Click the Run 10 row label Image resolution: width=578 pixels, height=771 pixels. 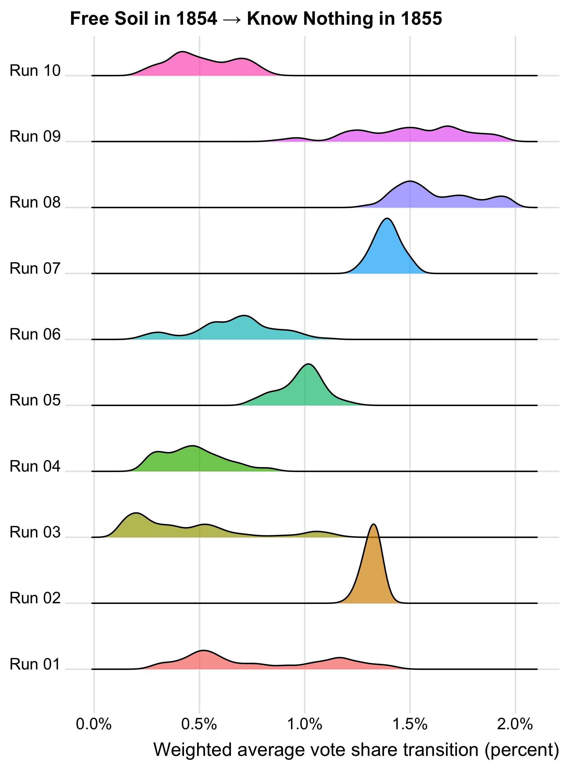click(x=35, y=71)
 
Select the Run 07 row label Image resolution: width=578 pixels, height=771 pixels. click(x=35, y=269)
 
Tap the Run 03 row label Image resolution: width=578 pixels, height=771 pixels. click(x=35, y=532)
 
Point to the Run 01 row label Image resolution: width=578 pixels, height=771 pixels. click(x=35, y=664)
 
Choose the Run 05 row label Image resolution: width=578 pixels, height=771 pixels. click(x=35, y=401)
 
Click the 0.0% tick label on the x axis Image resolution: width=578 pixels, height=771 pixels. click(x=94, y=724)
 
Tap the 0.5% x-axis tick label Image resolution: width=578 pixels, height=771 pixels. click(x=199, y=724)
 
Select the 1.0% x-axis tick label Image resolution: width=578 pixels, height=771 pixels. click(x=304, y=724)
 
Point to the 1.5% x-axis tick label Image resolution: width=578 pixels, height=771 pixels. click(x=410, y=724)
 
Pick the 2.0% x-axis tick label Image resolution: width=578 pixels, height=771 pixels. click(x=515, y=724)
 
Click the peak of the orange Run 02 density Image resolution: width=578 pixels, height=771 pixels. click(x=373, y=525)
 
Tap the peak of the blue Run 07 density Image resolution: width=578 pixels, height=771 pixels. click(x=387, y=219)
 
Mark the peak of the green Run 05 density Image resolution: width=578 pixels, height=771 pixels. click(x=308, y=364)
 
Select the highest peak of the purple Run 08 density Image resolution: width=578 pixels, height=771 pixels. click(x=410, y=182)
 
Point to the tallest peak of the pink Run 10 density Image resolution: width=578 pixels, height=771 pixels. click(x=182, y=52)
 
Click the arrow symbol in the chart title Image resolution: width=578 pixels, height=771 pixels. click(x=232, y=19)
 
